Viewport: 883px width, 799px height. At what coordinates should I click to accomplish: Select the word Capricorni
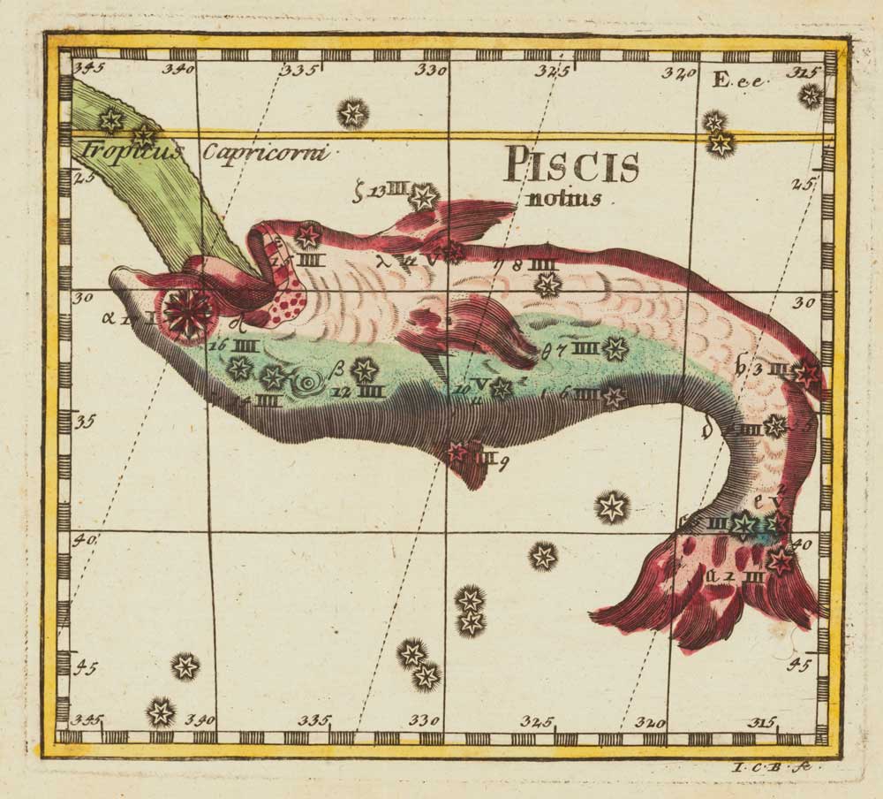[x=265, y=152]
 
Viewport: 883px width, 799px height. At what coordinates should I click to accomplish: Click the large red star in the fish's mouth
[x=188, y=312]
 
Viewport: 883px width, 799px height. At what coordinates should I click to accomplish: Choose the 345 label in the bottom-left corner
[x=87, y=719]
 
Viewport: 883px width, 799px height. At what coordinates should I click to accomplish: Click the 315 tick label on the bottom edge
[x=761, y=722]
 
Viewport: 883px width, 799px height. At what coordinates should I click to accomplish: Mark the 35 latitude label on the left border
[x=85, y=420]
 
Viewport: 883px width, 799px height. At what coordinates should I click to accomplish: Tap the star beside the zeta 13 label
[x=424, y=196]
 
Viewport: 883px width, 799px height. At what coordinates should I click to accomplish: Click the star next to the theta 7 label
[x=615, y=348]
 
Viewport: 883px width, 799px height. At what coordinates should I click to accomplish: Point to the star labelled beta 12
[x=364, y=370]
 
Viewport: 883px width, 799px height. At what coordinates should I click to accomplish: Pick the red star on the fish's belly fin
[x=457, y=453]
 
